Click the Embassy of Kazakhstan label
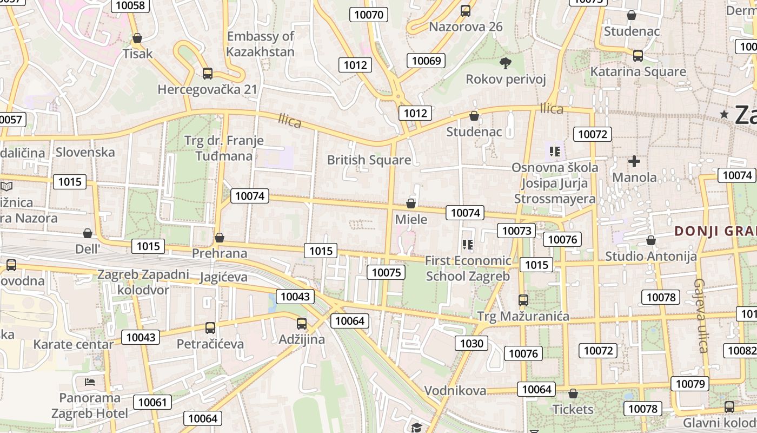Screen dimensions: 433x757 tap(260, 44)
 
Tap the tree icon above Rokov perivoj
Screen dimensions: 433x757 tap(506, 63)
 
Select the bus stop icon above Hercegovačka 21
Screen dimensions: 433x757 tap(208, 74)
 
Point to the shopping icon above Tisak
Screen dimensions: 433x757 tap(137, 38)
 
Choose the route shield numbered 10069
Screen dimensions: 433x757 tap(426, 61)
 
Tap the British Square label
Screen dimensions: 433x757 tap(369, 160)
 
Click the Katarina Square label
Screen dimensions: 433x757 tap(638, 71)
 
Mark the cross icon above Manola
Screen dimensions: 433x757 tap(634, 161)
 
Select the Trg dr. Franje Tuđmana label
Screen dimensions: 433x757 tap(224, 148)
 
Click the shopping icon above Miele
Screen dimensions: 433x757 tap(411, 204)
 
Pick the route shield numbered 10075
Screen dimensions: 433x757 tap(386, 272)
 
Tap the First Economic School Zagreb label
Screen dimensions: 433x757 tap(468, 268)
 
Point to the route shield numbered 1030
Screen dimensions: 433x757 tap(472, 343)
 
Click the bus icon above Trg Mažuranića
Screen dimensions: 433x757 tap(523, 300)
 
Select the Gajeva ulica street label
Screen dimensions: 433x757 tap(701, 316)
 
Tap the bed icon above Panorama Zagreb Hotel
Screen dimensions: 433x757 tap(90, 382)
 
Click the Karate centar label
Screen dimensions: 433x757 tap(74, 344)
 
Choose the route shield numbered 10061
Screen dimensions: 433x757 tap(152, 402)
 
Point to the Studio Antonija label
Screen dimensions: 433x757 tap(650, 256)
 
